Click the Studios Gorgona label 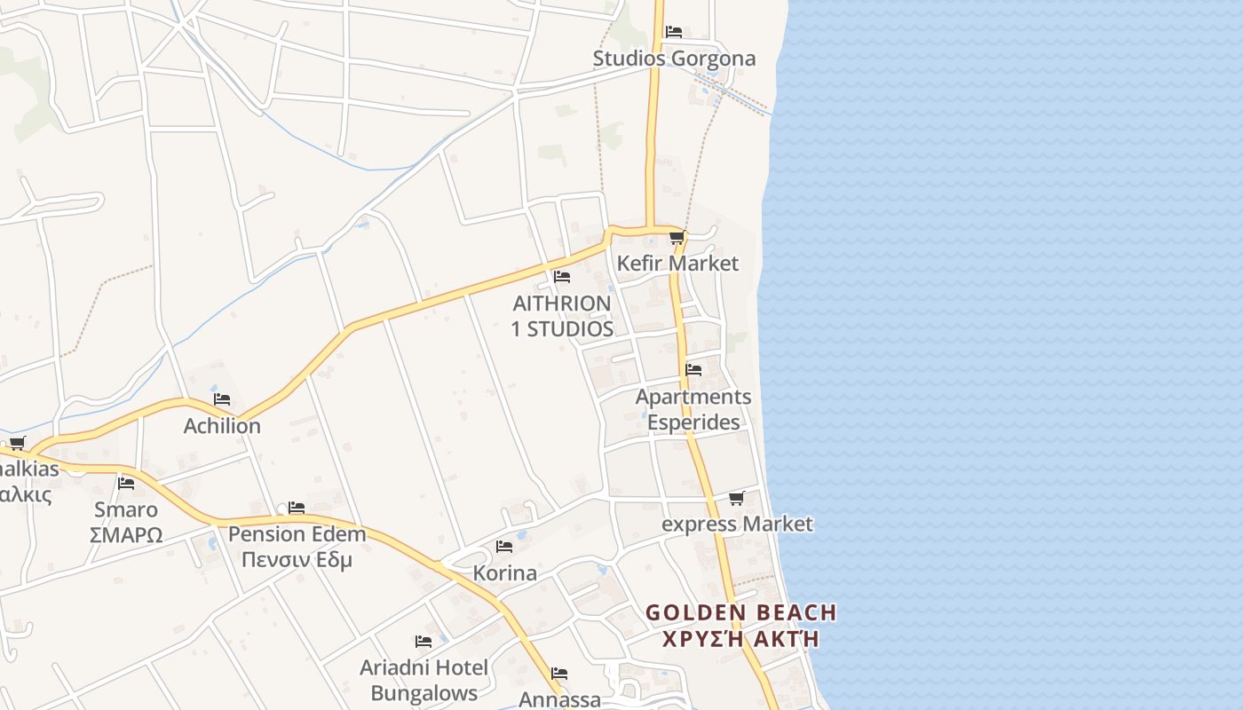[x=674, y=59]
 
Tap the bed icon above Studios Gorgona [x=674, y=32]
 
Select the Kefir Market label [x=677, y=264]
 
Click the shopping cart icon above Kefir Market [x=677, y=238]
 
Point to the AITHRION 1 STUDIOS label [x=562, y=316]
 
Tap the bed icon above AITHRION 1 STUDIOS [x=561, y=277]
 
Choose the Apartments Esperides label [x=693, y=409]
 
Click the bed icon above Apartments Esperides [x=693, y=369]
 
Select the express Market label [x=737, y=524]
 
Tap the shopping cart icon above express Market [x=736, y=498]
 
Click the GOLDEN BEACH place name [x=740, y=612]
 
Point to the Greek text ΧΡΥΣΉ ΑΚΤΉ [x=740, y=638]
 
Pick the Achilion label [x=222, y=426]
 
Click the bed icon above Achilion [x=222, y=399]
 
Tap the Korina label [x=504, y=573]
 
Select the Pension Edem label [x=297, y=534]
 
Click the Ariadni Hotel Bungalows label [x=424, y=680]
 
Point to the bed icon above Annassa [x=558, y=674]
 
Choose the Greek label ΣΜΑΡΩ [x=126, y=535]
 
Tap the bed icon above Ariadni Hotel [x=424, y=641]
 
